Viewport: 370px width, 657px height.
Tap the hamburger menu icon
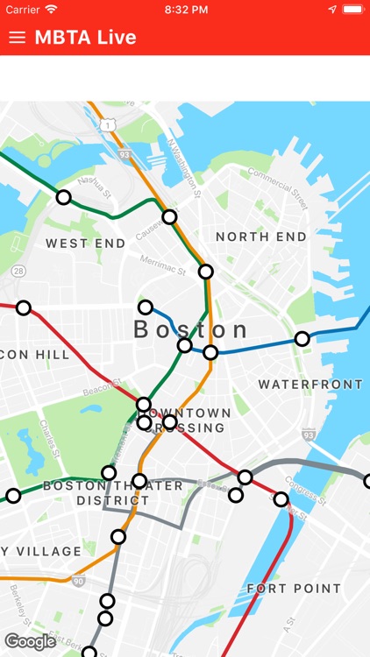tap(17, 38)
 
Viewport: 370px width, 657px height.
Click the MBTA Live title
tap(85, 38)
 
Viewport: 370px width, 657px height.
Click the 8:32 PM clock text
tap(185, 10)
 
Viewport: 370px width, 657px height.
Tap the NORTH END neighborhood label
tap(261, 237)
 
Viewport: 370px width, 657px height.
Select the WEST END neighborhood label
tap(86, 243)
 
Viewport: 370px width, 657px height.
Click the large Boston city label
tap(191, 329)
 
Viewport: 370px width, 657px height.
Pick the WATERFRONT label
tap(310, 385)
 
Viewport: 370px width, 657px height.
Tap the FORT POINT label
tap(294, 588)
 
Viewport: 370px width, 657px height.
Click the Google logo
tap(30, 641)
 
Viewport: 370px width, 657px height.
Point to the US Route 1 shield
tap(107, 126)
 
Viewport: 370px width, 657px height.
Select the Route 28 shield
tap(18, 272)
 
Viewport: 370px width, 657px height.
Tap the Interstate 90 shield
tap(79, 581)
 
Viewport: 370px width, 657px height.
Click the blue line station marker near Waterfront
tap(302, 339)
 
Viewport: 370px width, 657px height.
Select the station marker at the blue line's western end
tap(146, 307)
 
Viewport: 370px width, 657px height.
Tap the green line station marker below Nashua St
tap(63, 198)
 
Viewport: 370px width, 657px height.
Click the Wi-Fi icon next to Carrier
tap(52, 10)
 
